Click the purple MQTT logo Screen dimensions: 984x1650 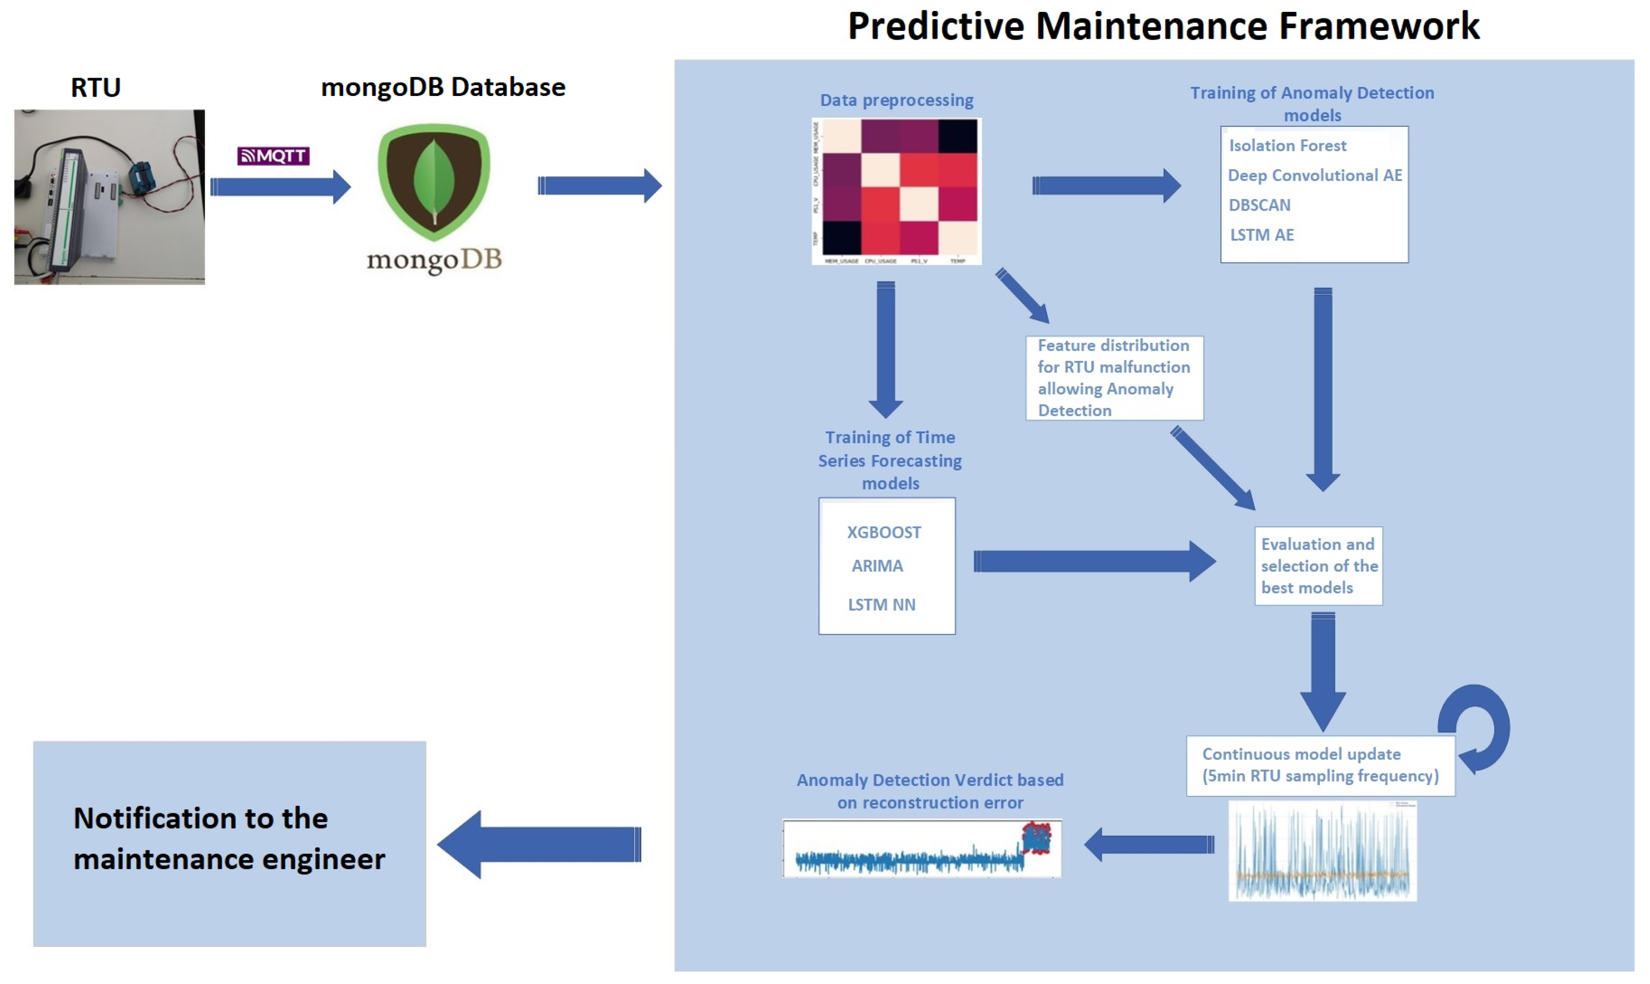click(273, 156)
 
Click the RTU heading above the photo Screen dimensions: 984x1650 click(95, 88)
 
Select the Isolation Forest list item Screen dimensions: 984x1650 click(1288, 145)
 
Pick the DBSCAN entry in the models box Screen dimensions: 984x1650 click(1260, 205)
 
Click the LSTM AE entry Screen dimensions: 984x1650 click(1262, 235)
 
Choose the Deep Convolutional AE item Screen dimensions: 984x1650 click(1315, 175)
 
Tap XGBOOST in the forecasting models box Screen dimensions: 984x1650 click(884, 532)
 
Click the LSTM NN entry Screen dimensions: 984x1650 click(881, 605)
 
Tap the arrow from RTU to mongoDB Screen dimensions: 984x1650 click(280, 187)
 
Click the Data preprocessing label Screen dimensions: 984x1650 click(896, 100)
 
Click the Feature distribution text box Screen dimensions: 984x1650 click(1114, 378)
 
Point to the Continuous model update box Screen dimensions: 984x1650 click(1320, 765)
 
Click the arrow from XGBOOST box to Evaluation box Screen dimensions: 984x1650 click(1093, 562)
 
